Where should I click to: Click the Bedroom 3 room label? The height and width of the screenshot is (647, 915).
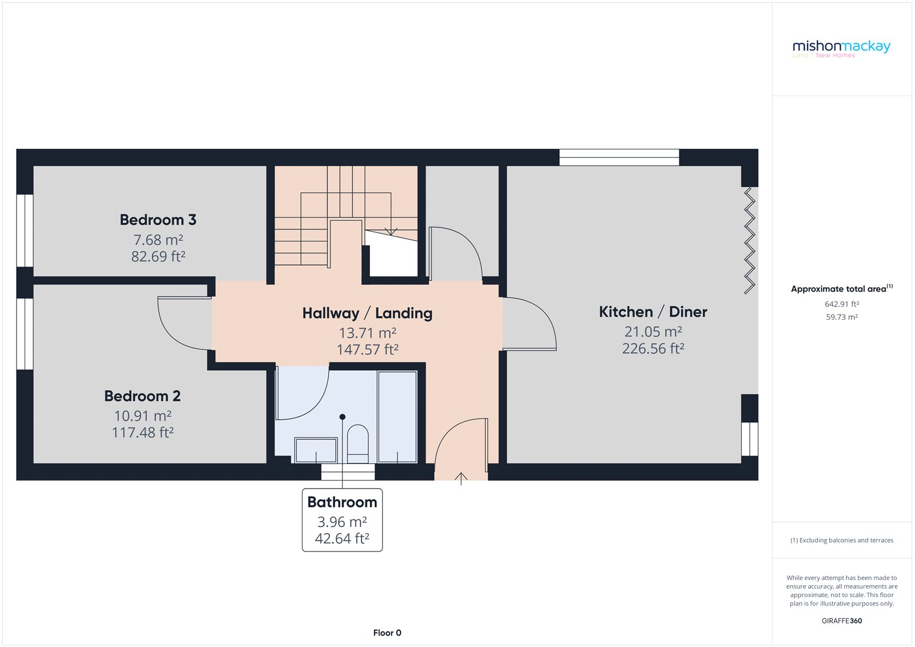click(158, 220)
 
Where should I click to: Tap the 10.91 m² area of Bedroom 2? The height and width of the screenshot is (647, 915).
click(142, 416)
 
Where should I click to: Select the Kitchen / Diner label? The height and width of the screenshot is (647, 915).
click(653, 312)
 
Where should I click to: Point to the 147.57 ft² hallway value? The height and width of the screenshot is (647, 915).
click(367, 350)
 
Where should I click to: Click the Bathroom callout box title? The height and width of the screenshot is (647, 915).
click(342, 502)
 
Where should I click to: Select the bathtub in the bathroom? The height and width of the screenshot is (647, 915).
click(397, 416)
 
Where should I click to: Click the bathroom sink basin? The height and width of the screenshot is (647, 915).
click(316, 450)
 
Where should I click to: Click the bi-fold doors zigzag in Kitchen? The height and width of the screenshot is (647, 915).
click(749, 240)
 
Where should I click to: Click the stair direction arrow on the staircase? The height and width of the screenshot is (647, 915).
click(391, 231)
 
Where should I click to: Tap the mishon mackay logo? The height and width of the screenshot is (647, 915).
click(841, 47)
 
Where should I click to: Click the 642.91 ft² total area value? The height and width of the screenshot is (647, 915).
click(842, 304)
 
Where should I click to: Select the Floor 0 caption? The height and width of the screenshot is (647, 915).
click(387, 633)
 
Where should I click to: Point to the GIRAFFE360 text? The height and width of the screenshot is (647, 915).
click(842, 621)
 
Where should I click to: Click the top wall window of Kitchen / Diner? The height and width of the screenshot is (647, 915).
click(619, 157)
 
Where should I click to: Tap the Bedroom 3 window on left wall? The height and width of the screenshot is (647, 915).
click(25, 231)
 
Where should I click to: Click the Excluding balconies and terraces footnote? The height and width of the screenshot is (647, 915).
click(842, 540)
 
